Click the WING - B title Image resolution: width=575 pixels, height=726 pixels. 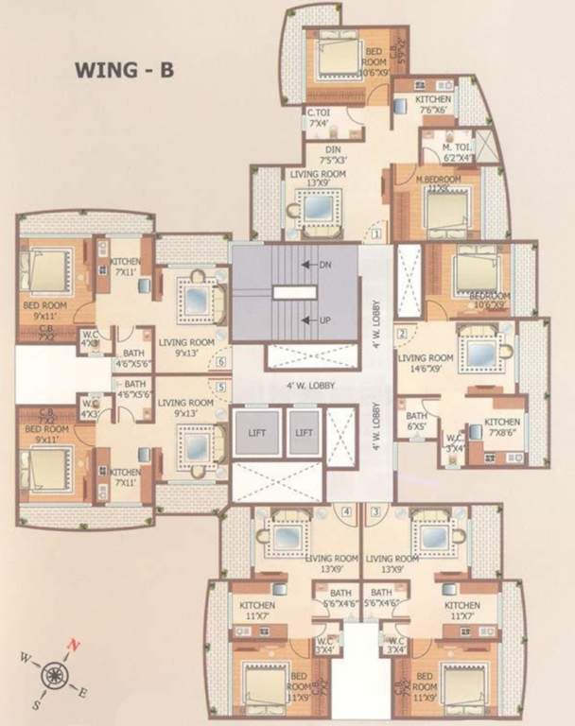124,70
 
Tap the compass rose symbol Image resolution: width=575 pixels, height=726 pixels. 52,673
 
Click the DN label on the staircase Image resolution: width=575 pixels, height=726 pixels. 324,266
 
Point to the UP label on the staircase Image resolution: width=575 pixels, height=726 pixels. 324,320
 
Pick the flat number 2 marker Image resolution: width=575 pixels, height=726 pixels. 402,333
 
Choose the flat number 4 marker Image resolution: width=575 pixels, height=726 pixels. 347,512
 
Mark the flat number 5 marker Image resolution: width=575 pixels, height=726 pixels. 221,387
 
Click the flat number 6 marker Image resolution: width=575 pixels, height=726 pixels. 221,361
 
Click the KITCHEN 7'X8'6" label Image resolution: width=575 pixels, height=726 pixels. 501,427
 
